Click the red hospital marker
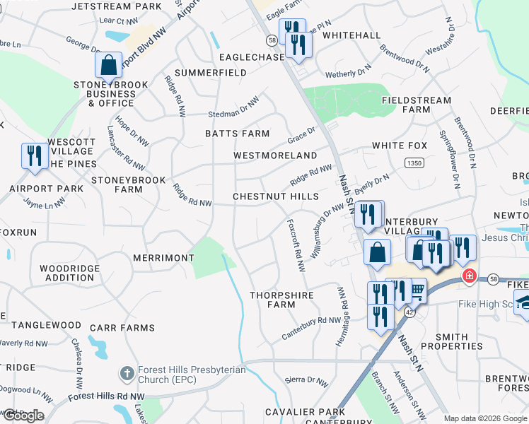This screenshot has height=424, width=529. [x=467, y=276]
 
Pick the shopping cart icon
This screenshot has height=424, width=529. [x=418, y=289]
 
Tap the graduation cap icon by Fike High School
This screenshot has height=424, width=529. [x=523, y=302]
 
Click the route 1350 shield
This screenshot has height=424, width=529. [x=414, y=163]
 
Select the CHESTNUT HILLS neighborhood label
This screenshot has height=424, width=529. [x=276, y=196]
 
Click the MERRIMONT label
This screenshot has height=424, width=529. [x=163, y=259]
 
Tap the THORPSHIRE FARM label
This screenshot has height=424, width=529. [x=271, y=300]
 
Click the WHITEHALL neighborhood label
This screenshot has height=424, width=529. [x=351, y=35]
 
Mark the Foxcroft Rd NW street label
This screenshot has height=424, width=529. [x=295, y=245]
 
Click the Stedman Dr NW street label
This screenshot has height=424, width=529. [x=233, y=109]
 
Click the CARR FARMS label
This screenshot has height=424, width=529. [x=122, y=328]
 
